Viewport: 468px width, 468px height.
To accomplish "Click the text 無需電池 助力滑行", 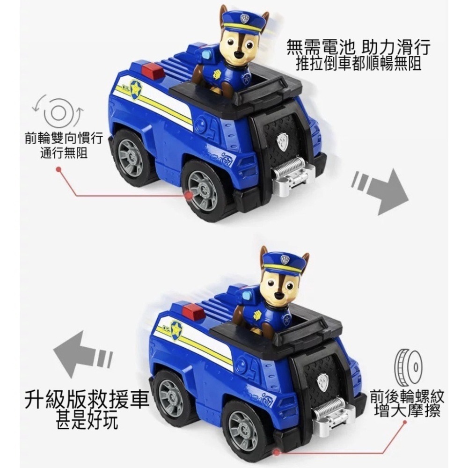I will pos(358,47).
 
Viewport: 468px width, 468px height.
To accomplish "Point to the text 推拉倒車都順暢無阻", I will pos(358,63).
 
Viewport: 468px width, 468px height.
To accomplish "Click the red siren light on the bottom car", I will pos(193,310).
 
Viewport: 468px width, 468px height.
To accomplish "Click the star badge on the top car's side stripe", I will pos(136,90).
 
